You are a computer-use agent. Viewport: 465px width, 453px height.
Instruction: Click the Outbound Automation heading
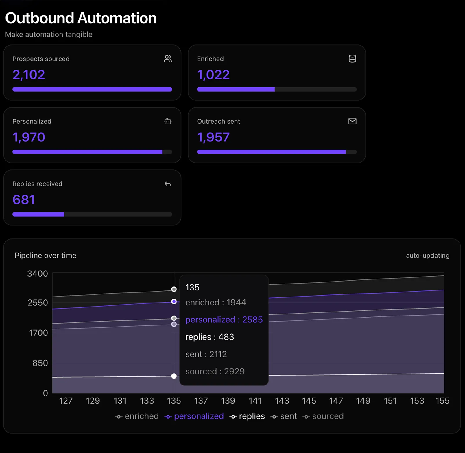(81, 18)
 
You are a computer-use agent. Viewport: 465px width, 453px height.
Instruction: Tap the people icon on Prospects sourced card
(168, 59)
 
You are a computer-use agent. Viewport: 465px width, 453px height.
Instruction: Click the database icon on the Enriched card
(352, 59)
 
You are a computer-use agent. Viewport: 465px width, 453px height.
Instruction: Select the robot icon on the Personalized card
(168, 121)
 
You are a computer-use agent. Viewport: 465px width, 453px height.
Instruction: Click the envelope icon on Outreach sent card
(352, 121)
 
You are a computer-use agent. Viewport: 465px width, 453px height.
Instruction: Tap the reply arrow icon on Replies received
(168, 184)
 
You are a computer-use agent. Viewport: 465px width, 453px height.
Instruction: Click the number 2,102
(29, 75)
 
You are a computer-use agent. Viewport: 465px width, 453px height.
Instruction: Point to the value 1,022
(213, 75)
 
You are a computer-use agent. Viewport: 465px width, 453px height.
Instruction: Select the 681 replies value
(24, 200)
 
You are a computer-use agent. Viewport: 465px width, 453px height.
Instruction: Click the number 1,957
(213, 137)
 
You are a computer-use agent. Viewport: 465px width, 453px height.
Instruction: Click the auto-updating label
(427, 256)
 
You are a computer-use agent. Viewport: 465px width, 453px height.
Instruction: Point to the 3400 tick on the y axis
(38, 273)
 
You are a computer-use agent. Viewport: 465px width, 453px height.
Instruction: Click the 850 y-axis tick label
(40, 363)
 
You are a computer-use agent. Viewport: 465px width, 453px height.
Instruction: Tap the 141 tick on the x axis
(255, 401)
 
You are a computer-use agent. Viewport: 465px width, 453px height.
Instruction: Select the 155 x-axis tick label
(442, 401)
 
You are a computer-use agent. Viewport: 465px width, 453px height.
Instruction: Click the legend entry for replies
(247, 416)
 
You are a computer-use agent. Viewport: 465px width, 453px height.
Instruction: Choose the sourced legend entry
(323, 416)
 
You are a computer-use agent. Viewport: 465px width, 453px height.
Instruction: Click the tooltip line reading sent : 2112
(206, 354)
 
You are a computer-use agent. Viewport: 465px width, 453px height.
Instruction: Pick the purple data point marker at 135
(174, 301)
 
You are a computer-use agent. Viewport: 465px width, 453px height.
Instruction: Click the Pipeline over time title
(45, 256)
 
